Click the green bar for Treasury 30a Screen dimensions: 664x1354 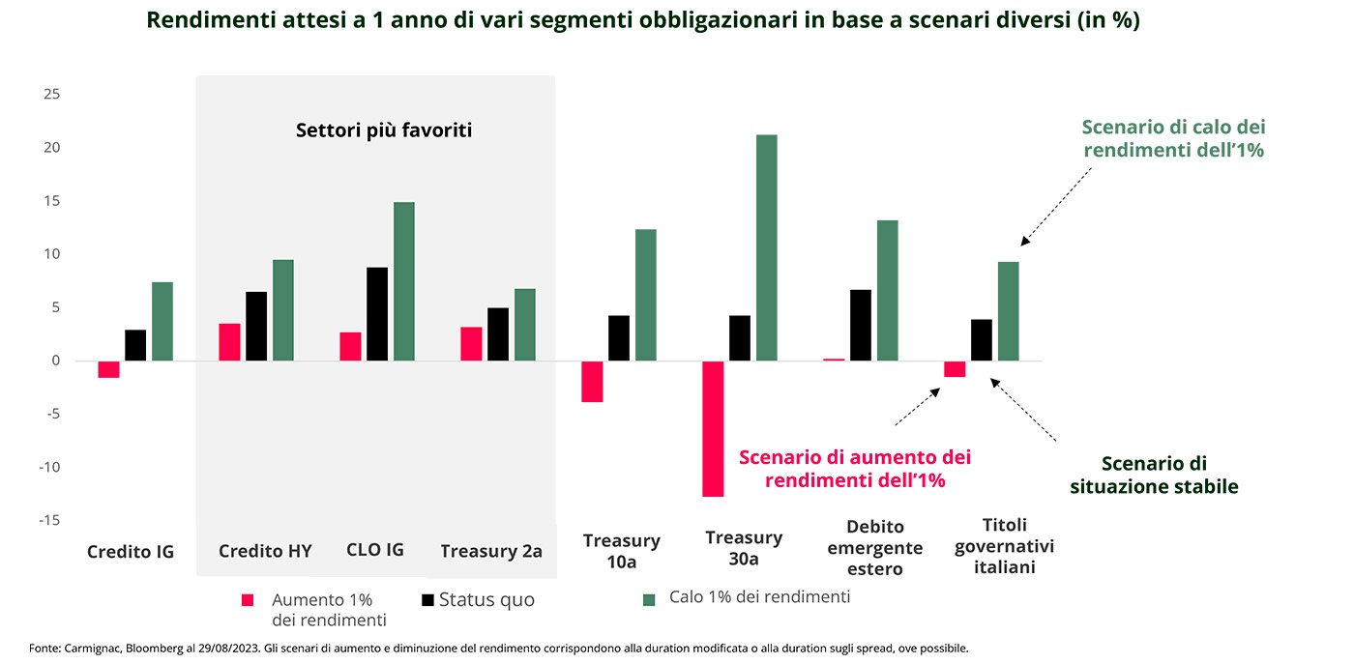(x=766, y=247)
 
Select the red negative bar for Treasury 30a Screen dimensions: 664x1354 (x=713, y=428)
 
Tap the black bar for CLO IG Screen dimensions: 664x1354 (x=377, y=314)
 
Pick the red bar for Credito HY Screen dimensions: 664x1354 (x=229, y=342)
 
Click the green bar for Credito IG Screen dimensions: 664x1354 (x=162, y=321)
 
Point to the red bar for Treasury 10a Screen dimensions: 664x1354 (x=592, y=381)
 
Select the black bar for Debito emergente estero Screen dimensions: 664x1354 (x=861, y=325)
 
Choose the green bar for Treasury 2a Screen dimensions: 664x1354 (x=524, y=325)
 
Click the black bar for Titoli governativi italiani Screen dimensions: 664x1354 (x=982, y=340)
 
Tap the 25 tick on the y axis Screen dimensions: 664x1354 (x=51, y=95)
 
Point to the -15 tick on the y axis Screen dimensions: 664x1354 (x=48, y=521)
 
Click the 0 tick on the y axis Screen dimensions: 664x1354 (x=55, y=361)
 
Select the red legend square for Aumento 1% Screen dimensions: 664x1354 (x=249, y=600)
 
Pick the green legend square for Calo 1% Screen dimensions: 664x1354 (x=649, y=600)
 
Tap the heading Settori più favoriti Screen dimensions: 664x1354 (x=384, y=130)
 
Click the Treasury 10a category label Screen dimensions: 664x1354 (x=621, y=551)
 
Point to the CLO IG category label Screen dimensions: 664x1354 (x=374, y=550)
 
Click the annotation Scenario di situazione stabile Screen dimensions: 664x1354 (x=1154, y=476)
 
